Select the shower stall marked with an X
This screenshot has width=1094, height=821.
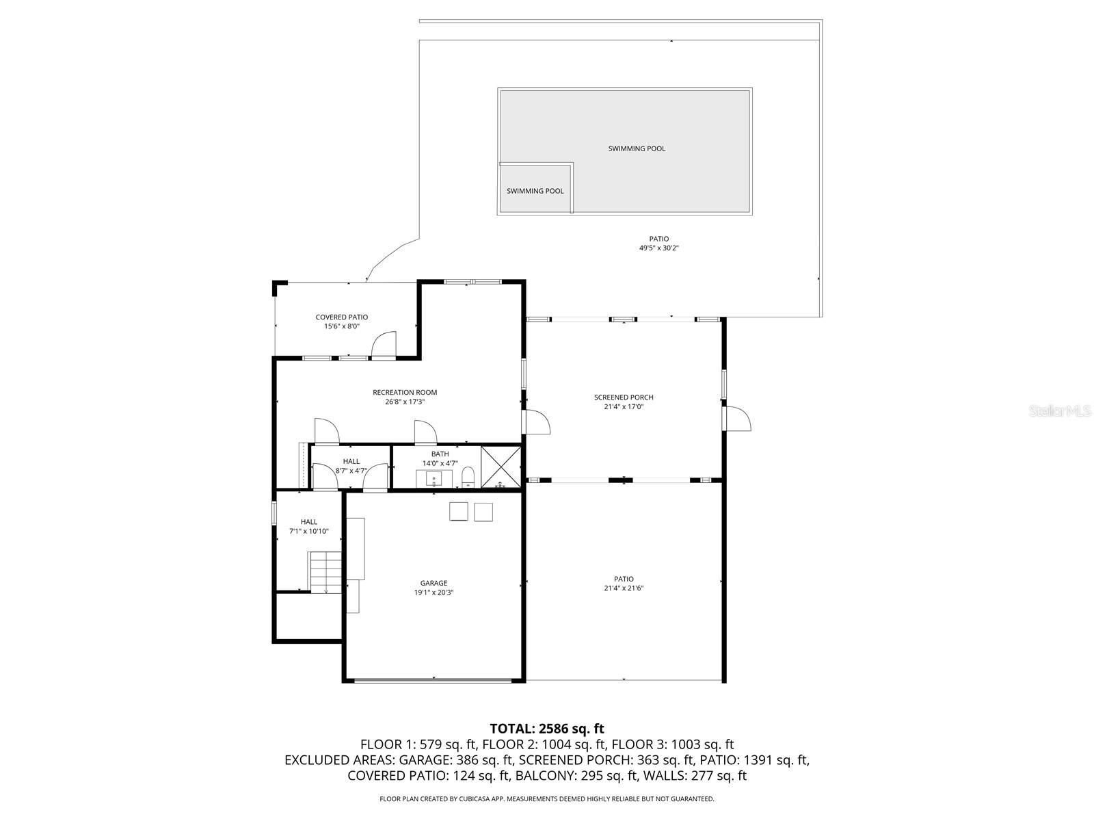click(501, 467)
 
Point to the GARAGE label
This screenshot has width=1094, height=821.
click(433, 584)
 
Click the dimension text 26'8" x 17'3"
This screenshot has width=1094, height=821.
click(405, 402)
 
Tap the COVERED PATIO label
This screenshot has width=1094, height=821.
click(341, 317)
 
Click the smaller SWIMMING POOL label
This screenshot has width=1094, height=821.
click(535, 191)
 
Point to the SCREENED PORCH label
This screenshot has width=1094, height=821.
click(624, 398)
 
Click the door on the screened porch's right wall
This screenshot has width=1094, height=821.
click(738, 418)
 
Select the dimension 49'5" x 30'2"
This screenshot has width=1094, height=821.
click(658, 248)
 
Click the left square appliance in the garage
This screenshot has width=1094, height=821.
click(458, 512)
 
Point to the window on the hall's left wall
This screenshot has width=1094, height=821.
click(275, 512)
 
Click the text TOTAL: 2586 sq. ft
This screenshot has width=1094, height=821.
click(547, 729)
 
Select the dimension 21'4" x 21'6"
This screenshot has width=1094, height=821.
click(624, 588)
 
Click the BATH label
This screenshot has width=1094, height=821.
click(440, 454)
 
